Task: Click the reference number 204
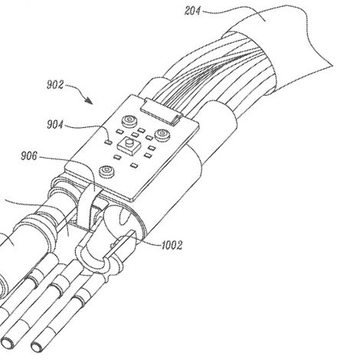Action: click(193, 11)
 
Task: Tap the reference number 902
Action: click(55, 85)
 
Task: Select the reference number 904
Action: click(55, 125)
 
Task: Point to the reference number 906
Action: click(29, 155)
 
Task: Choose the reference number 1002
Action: click(172, 245)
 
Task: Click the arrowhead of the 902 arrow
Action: click(89, 101)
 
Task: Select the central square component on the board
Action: click(129, 146)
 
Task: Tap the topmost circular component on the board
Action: click(129, 120)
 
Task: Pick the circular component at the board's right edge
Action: click(162, 134)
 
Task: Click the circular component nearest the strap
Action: click(106, 171)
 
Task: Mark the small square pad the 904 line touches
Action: click(109, 141)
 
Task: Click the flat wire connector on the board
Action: click(162, 112)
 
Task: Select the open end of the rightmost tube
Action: click(38, 346)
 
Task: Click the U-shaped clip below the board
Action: click(95, 258)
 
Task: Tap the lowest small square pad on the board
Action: click(134, 165)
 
